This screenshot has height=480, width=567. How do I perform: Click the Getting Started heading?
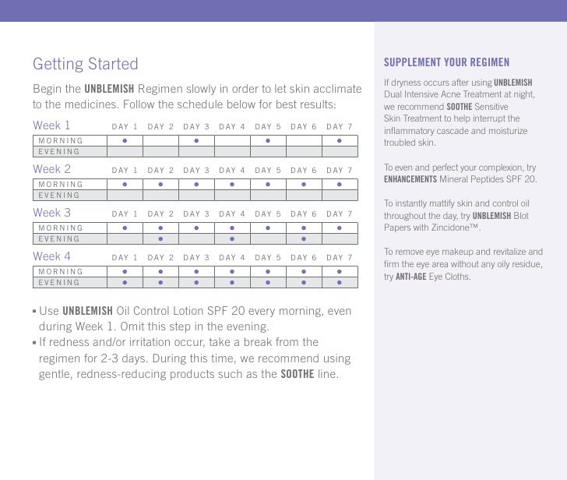pyautogui.click(x=86, y=64)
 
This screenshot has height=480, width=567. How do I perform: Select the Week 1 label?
pyautogui.click(x=52, y=125)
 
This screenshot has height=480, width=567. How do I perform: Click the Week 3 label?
pyautogui.click(x=52, y=213)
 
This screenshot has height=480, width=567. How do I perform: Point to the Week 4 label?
pyautogui.click(x=52, y=256)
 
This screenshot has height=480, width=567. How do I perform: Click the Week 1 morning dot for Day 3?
pyautogui.click(x=196, y=141)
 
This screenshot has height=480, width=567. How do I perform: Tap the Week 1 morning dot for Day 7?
pyautogui.click(x=340, y=141)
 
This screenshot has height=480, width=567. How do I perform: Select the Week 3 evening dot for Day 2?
pyautogui.click(x=160, y=238)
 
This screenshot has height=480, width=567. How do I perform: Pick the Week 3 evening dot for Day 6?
pyautogui.click(x=304, y=238)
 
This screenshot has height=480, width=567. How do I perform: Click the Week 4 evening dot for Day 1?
pyautogui.click(x=125, y=282)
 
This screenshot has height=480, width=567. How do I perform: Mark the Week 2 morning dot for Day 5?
pyautogui.click(x=268, y=185)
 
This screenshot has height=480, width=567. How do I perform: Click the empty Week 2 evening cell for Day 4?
pyautogui.click(x=232, y=195)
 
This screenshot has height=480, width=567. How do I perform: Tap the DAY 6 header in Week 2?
pyautogui.click(x=304, y=171)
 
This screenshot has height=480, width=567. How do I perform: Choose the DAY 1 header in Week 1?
pyautogui.click(x=125, y=127)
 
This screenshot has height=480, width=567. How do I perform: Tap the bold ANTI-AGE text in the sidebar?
pyautogui.click(x=412, y=275)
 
